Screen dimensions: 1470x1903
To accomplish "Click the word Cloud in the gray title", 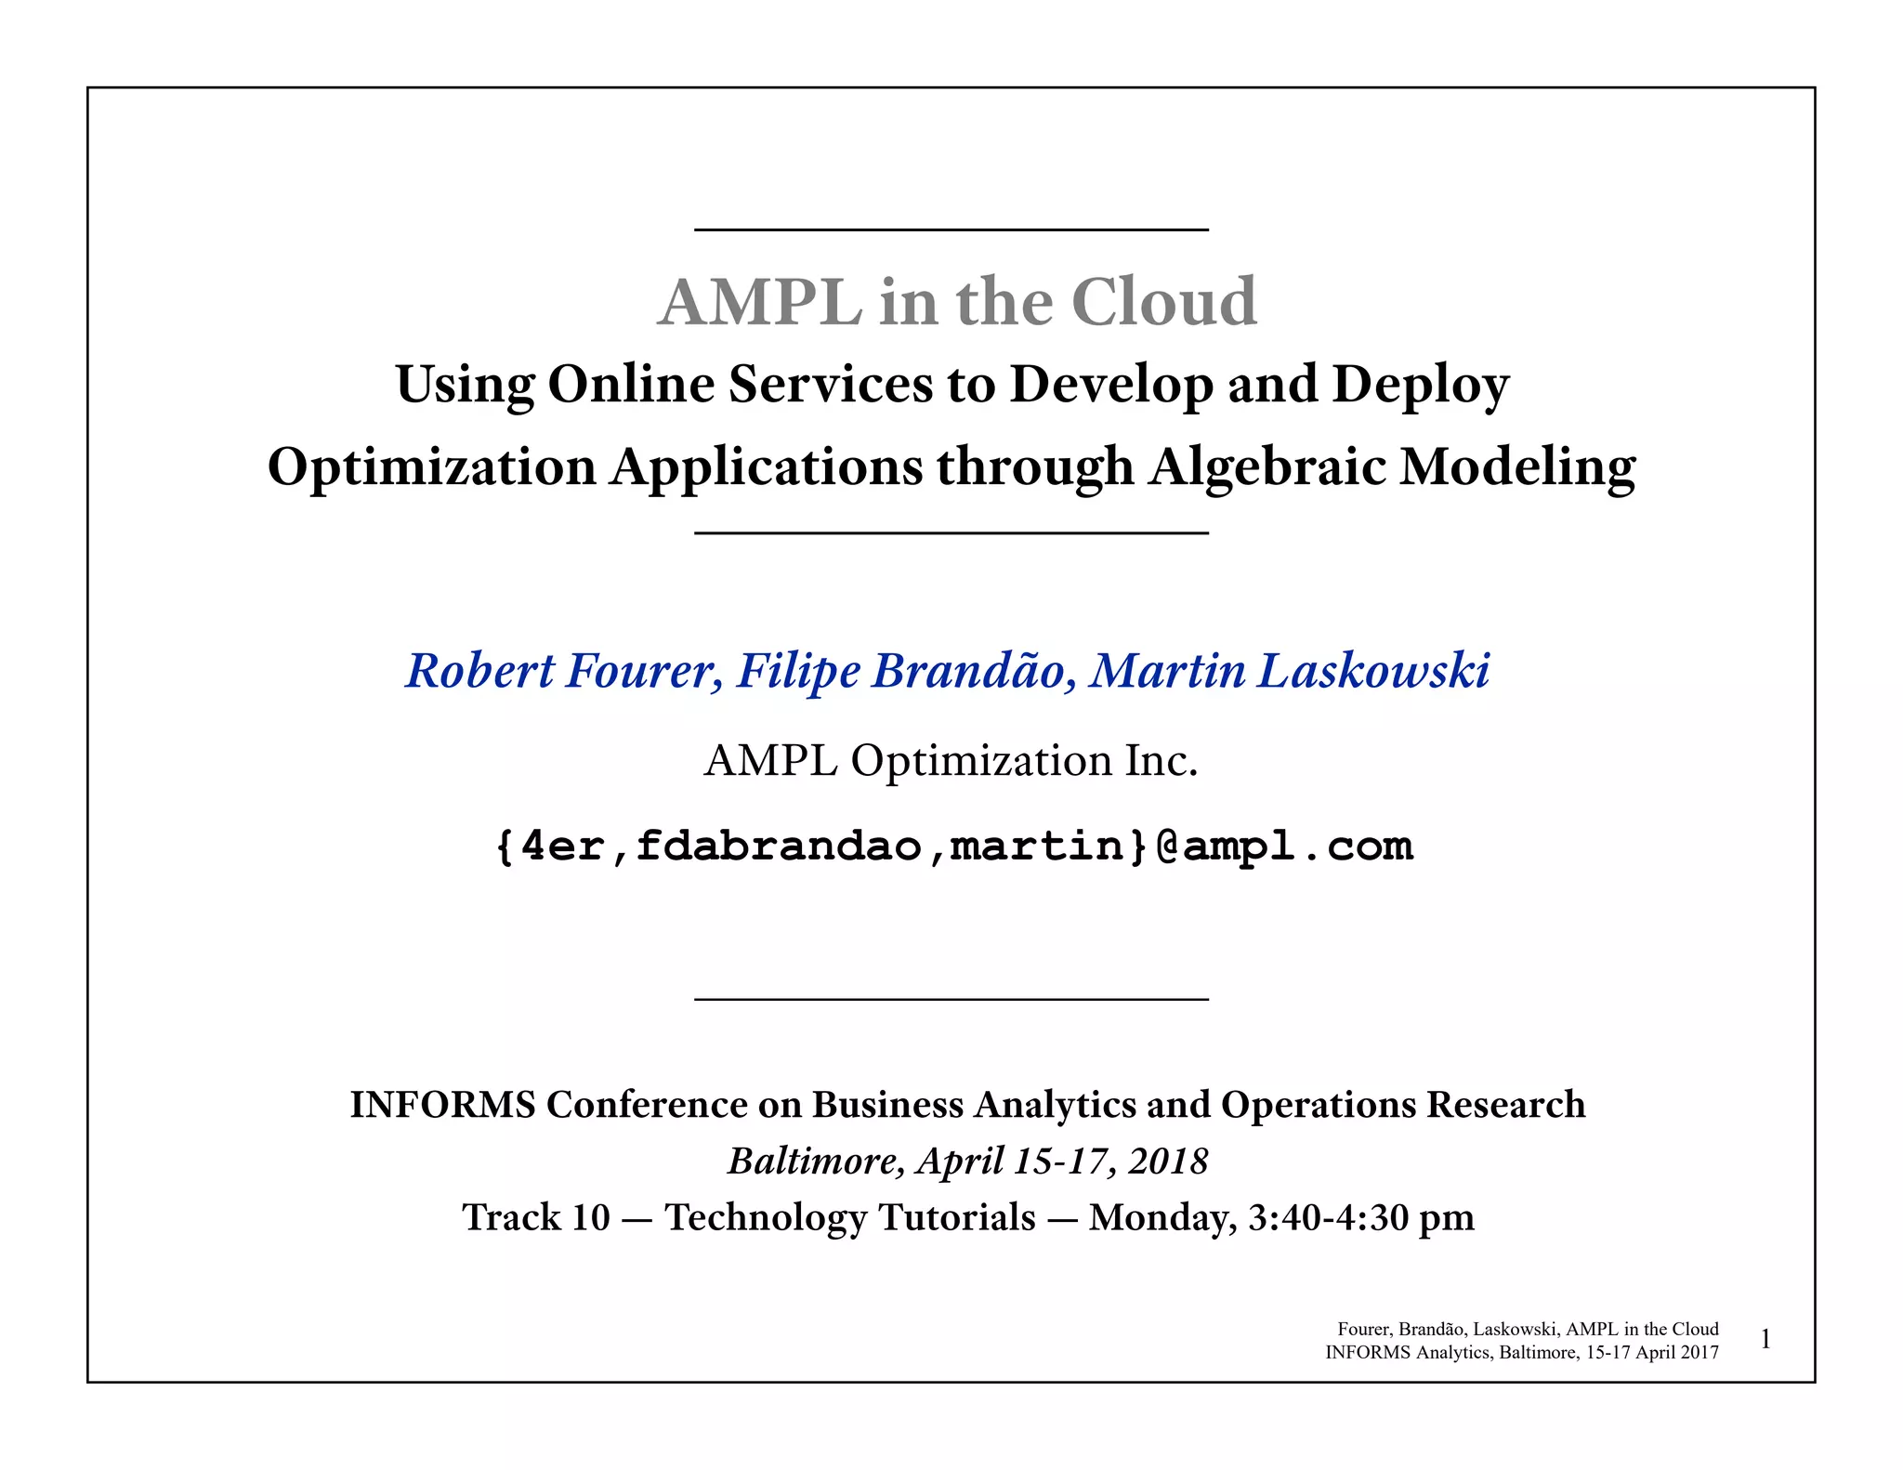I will [x=1163, y=302].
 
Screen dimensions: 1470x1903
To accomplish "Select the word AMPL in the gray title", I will [x=759, y=302].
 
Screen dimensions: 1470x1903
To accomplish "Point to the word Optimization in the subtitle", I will [x=432, y=466].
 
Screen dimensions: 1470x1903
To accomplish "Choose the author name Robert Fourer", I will [x=559, y=671].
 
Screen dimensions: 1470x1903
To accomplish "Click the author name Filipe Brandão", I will [x=899, y=671].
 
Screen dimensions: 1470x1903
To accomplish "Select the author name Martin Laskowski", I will [x=1290, y=671].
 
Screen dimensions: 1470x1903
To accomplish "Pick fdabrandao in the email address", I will [x=779, y=847].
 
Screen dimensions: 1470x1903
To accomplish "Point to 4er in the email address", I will [x=563, y=847].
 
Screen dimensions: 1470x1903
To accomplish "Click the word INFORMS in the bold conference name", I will [x=442, y=1105].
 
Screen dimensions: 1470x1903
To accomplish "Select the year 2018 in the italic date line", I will [x=1168, y=1162].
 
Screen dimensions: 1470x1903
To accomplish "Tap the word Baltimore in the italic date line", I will [x=811, y=1162].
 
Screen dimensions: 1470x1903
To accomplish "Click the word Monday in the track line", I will [x=1161, y=1218].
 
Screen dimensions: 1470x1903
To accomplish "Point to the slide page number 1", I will [x=1765, y=1340].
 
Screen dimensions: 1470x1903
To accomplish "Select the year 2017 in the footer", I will [x=1700, y=1353].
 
